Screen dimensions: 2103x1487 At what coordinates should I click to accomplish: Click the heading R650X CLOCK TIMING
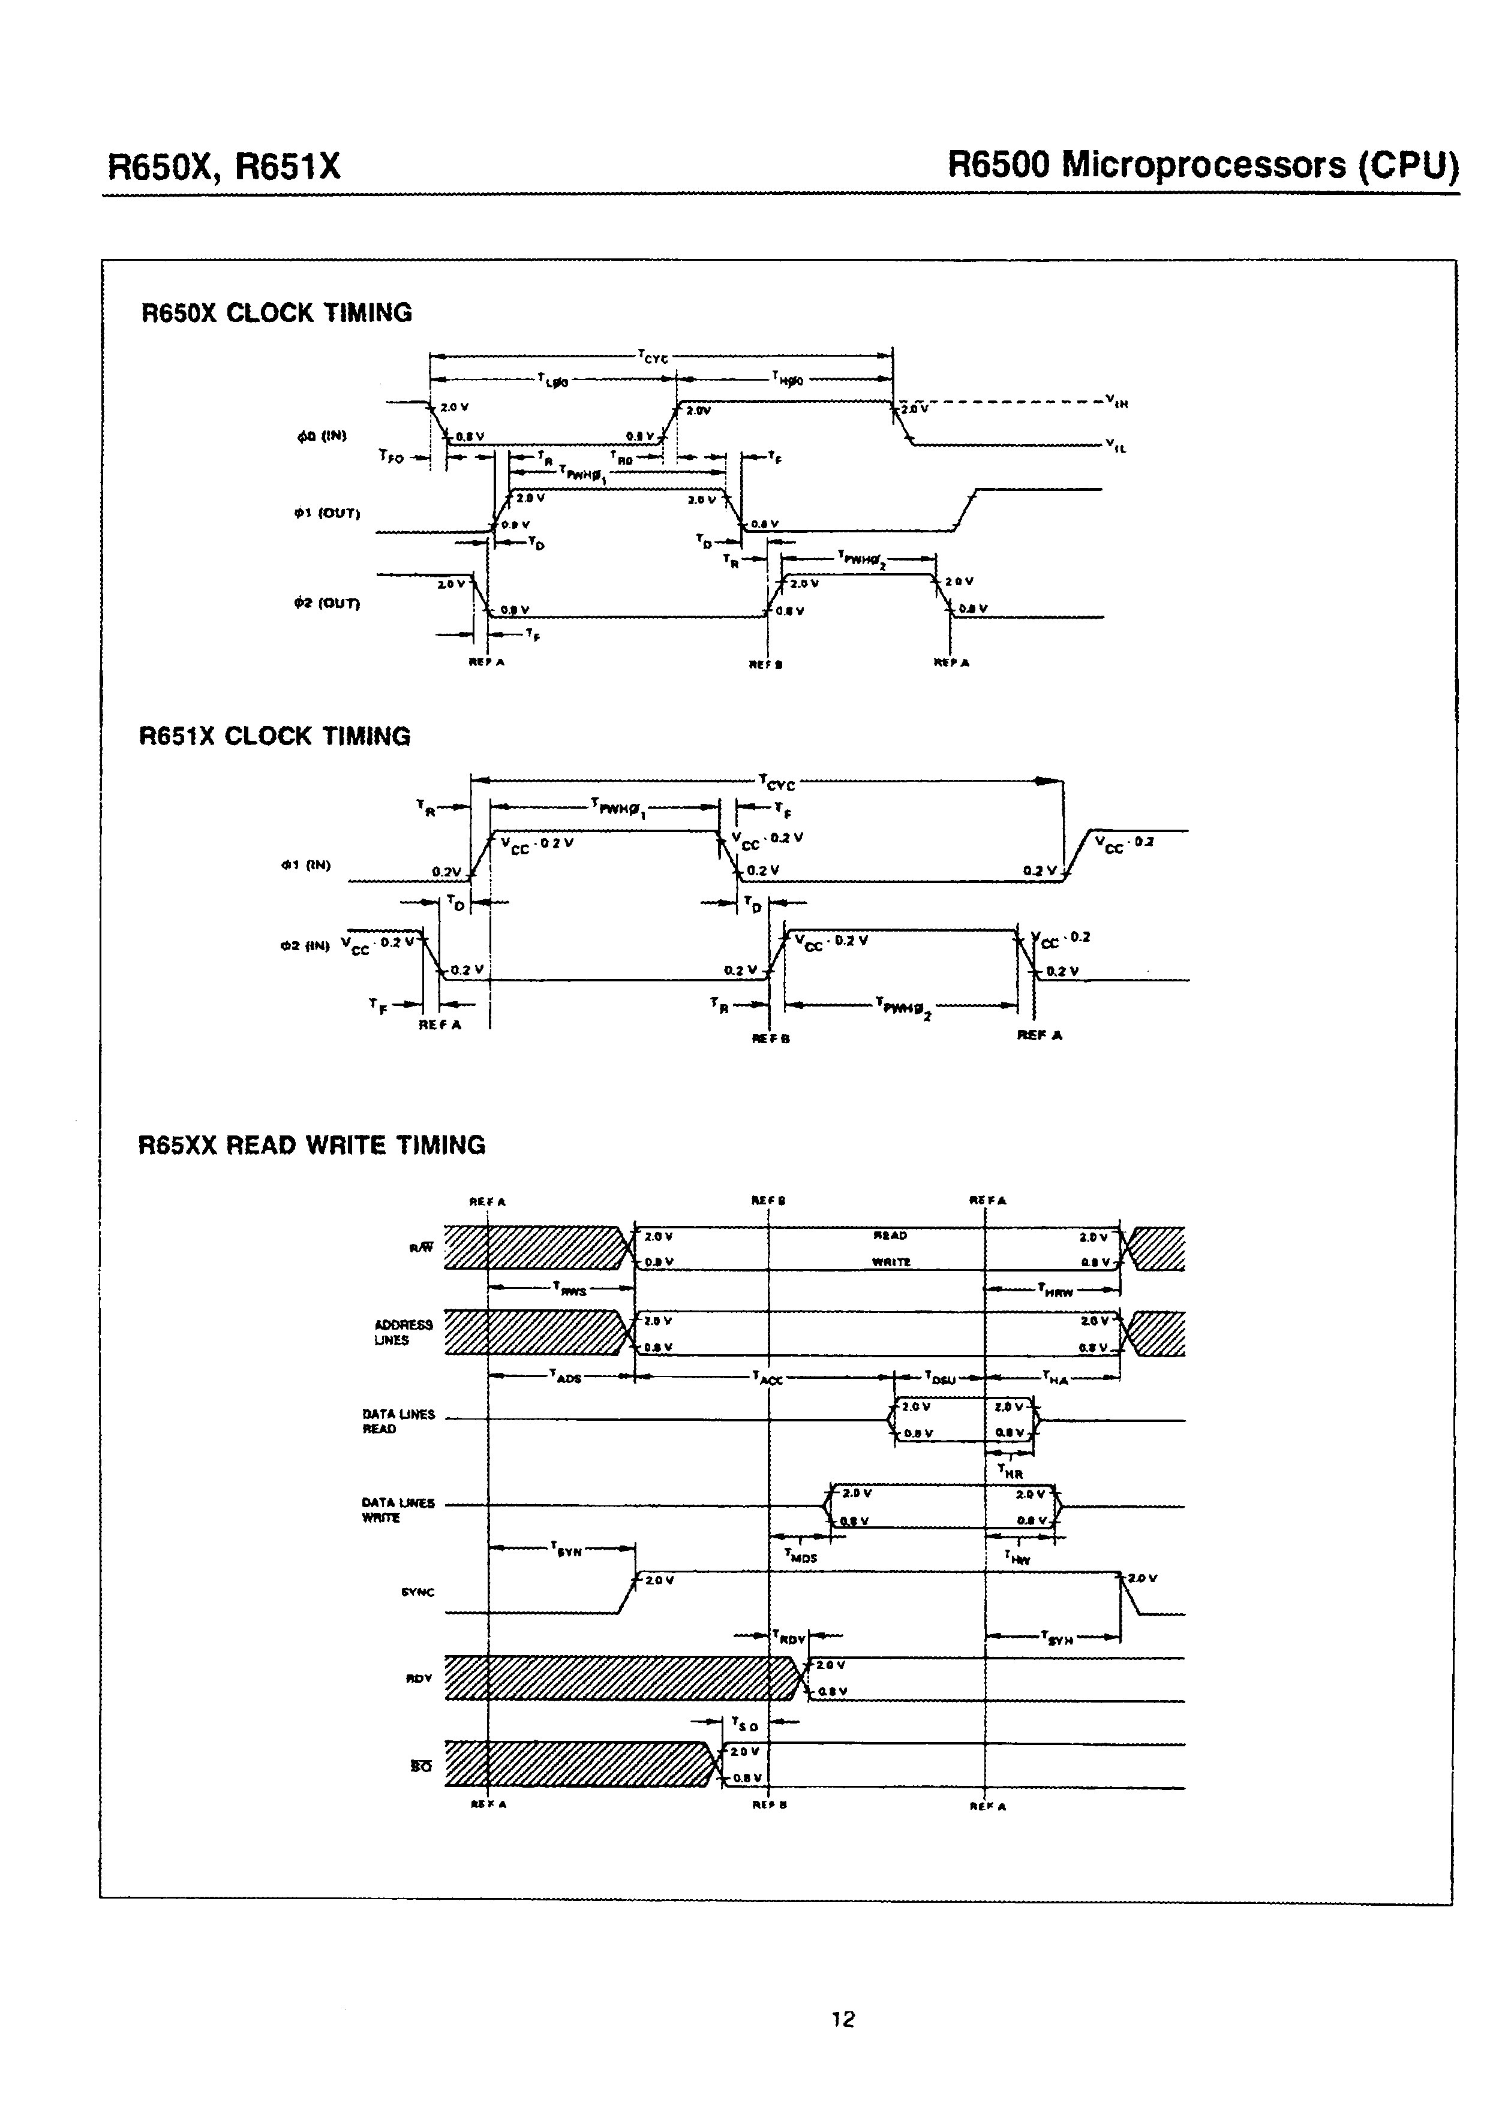point(276,314)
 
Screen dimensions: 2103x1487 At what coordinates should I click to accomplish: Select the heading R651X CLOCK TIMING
point(274,736)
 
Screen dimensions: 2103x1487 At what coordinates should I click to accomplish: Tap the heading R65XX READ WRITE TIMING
point(311,1145)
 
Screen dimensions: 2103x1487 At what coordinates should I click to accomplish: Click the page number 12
point(843,2018)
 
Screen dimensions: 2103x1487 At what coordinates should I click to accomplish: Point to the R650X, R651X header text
point(224,167)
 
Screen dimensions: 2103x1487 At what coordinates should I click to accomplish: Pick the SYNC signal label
point(418,1592)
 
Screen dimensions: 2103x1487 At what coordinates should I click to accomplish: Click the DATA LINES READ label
point(398,1421)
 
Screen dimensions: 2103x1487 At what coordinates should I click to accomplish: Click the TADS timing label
point(565,1376)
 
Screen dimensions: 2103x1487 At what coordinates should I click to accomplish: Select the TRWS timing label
point(569,1289)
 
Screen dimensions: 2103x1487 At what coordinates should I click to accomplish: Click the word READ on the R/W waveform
point(891,1236)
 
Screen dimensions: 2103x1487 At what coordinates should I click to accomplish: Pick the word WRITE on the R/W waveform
point(891,1262)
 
